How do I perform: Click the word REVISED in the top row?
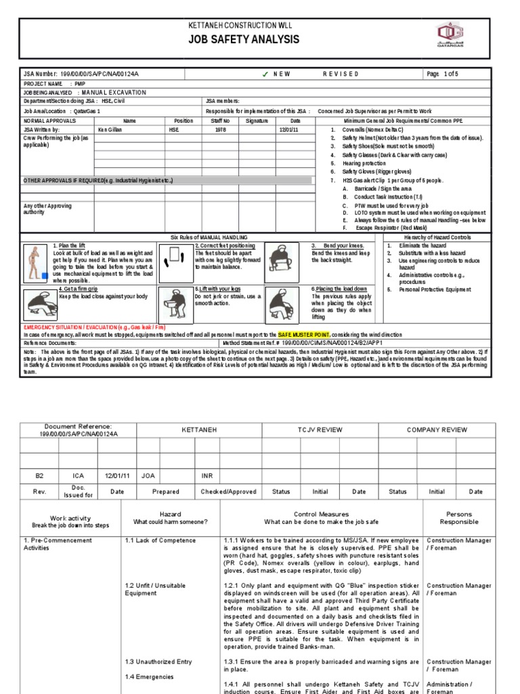click(x=340, y=73)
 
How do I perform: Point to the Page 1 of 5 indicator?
click(x=443, y=73)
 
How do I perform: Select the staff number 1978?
click(x=221, y=129)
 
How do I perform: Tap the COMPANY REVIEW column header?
click(x=437, y=430)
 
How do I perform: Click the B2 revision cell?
click(x=39, y=476)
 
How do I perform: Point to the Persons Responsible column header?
click(x=459, y=518)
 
